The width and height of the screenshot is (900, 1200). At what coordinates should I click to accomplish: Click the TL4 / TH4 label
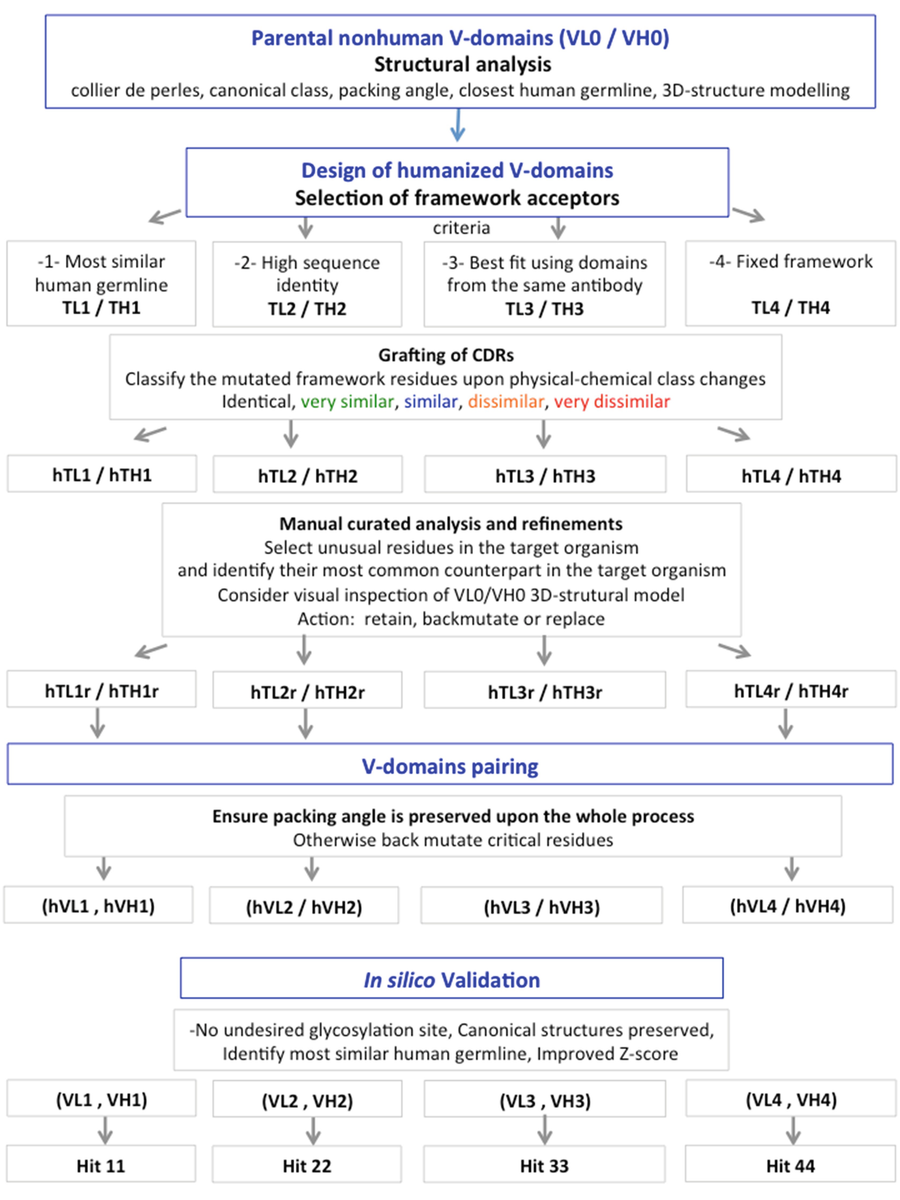click(791, 308)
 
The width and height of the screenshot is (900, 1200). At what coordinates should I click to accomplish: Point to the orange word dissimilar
click(506, 401)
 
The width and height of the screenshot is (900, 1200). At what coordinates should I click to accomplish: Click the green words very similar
click(347, 401)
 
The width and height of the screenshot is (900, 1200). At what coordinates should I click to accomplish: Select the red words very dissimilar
click(611, 401)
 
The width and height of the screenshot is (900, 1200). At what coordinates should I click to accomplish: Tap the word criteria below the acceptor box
click(461, 228)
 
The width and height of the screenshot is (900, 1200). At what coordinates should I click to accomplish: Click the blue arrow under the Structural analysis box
click(458, 126)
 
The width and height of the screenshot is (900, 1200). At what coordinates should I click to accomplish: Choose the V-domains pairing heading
click(450, 766)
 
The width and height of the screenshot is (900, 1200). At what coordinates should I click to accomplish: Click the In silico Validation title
click(451, 980)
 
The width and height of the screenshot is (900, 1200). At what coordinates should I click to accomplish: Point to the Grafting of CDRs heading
click(446, 355)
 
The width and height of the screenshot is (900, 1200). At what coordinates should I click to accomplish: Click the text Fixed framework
click(804, 261)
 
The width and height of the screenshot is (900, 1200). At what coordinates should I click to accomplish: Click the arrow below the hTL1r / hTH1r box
click(98, 724)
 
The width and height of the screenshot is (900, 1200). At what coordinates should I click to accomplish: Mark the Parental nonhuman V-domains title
click(460, 38)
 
